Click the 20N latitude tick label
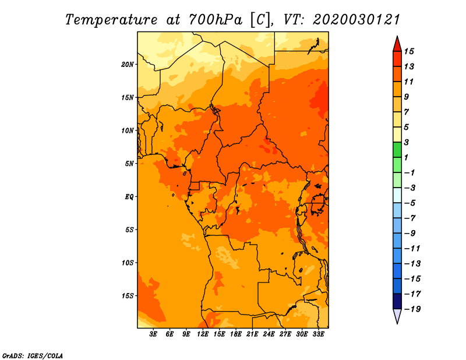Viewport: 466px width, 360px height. [128, 65]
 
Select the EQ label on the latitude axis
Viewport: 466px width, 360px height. [129, 197]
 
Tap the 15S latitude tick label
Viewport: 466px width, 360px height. [128, 296]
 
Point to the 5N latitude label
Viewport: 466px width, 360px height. [129, 164]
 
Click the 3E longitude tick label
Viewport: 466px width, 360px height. [153, 334]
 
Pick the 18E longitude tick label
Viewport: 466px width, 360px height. [236, 334]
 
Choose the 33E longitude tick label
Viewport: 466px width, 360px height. [318, 334]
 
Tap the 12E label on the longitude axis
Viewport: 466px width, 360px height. [203, 334]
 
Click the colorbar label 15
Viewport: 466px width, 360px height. [409, 51]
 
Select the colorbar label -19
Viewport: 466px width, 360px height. [412, 309]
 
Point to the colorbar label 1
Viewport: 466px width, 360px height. [406, 157]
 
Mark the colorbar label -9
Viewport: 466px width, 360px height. [409, 234]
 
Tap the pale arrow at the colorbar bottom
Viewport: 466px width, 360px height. [397, 316]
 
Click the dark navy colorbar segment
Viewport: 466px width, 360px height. [397, 301]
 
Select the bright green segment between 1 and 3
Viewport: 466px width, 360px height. [397, 150]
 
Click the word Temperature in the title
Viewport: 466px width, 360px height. [111, 20]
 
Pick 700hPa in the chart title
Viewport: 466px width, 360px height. [216, 20]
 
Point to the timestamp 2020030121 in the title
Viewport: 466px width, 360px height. [356, 20]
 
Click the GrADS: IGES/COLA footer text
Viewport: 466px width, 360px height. [33, 356]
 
